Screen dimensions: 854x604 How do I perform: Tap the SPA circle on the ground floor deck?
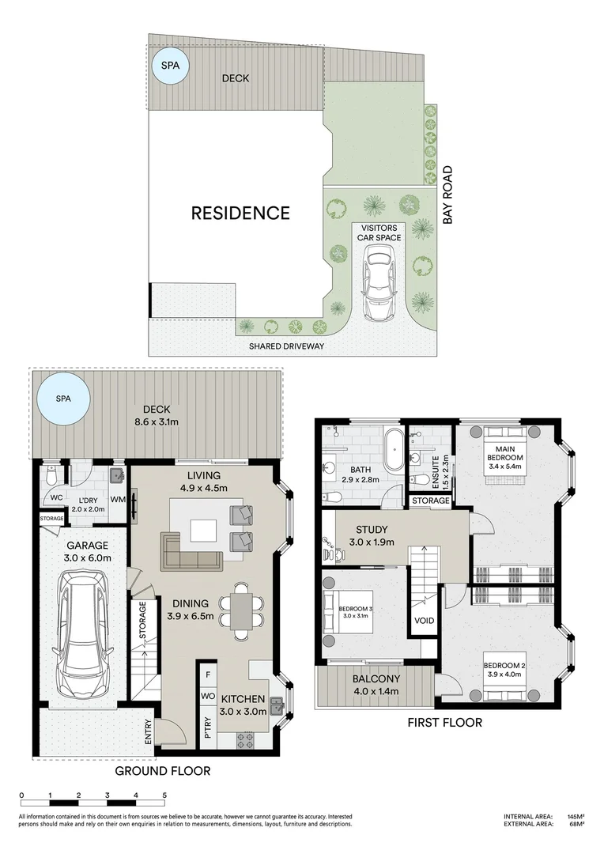point(63,399)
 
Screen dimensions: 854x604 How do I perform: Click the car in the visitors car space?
point(378,282)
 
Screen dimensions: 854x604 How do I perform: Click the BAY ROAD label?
point(447,194)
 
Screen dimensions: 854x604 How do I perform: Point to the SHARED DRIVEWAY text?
point(286,346)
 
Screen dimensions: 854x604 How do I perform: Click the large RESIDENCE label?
point(240,213)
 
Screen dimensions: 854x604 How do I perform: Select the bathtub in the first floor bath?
point(393,447)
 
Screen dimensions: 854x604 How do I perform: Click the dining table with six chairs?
point(241,610)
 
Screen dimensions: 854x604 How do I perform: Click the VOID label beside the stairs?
point(425,621)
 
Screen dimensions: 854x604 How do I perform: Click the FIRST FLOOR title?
point(444,722)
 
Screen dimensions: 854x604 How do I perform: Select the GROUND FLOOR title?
point(162,770)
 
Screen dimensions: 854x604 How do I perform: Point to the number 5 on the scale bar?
point(164,795)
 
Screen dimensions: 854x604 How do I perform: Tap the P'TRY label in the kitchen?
point(208,726)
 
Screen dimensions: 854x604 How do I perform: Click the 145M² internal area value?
point(575,816)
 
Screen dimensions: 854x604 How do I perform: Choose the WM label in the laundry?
point(119,499)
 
